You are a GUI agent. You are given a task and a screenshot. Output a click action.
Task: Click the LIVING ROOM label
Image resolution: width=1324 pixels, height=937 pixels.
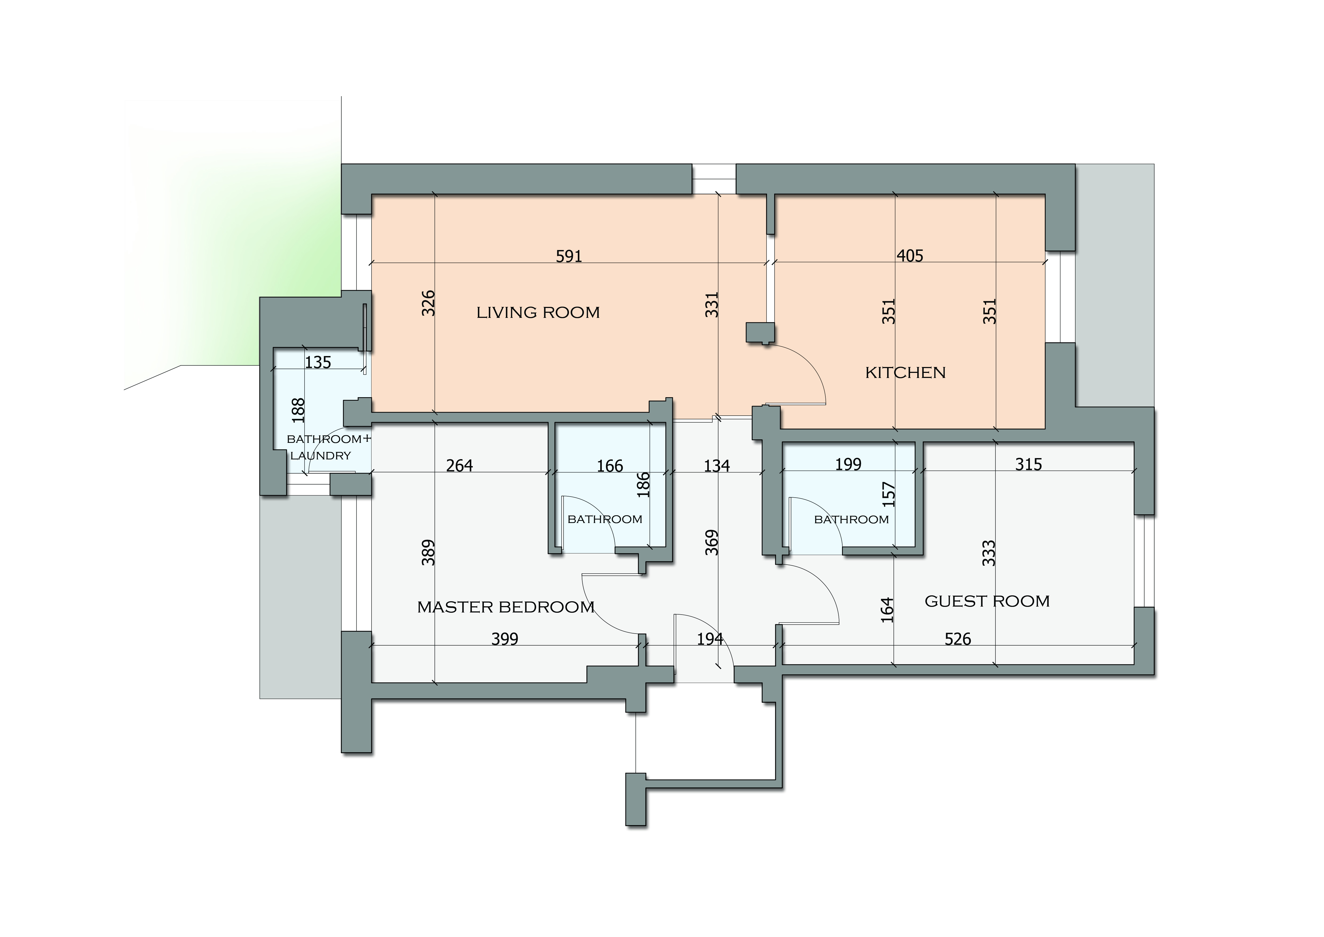point(538,313)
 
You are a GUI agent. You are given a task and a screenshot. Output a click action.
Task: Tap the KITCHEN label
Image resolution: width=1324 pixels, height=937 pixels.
point(905,373)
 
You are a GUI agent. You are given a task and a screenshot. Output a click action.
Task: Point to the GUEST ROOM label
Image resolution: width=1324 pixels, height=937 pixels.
point(987,601)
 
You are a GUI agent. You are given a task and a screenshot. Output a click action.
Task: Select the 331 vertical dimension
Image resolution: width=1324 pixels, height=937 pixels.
point(712,305)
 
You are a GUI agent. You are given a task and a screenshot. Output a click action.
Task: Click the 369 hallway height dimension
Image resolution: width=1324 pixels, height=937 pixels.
point(712,542)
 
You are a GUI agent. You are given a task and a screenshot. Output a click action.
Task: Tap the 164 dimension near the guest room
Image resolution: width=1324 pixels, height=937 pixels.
point(887,610)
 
